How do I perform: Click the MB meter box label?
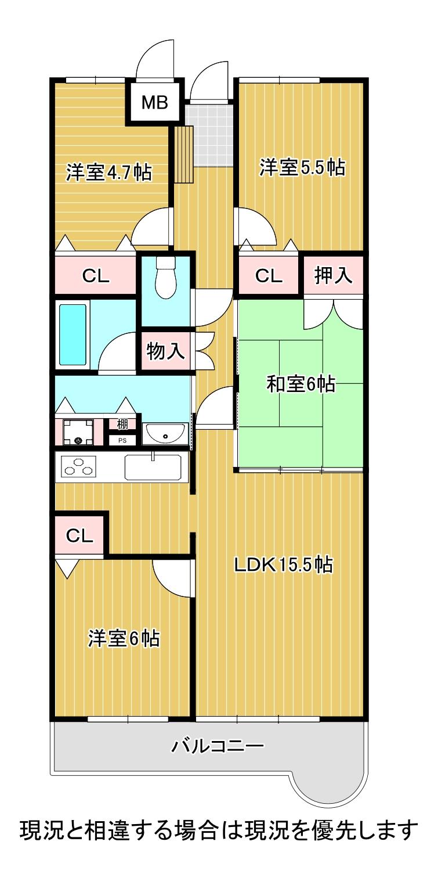point(155,103)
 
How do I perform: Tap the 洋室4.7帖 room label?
point(108,172)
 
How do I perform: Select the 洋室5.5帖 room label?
point(302,168)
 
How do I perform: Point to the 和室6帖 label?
point(301,384)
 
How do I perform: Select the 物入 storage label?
point(165,351)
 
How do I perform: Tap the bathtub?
point(73,334)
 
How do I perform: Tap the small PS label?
point(122,440)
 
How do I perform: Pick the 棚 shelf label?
point(122,424)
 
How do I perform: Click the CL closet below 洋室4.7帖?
point(96,276)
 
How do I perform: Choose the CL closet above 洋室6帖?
point(79,535)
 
